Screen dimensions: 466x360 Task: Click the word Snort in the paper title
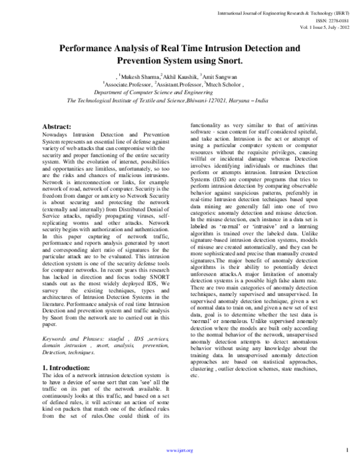[227, 61]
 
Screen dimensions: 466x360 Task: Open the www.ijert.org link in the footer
[180, 450]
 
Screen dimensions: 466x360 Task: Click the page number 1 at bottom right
[347, 450]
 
